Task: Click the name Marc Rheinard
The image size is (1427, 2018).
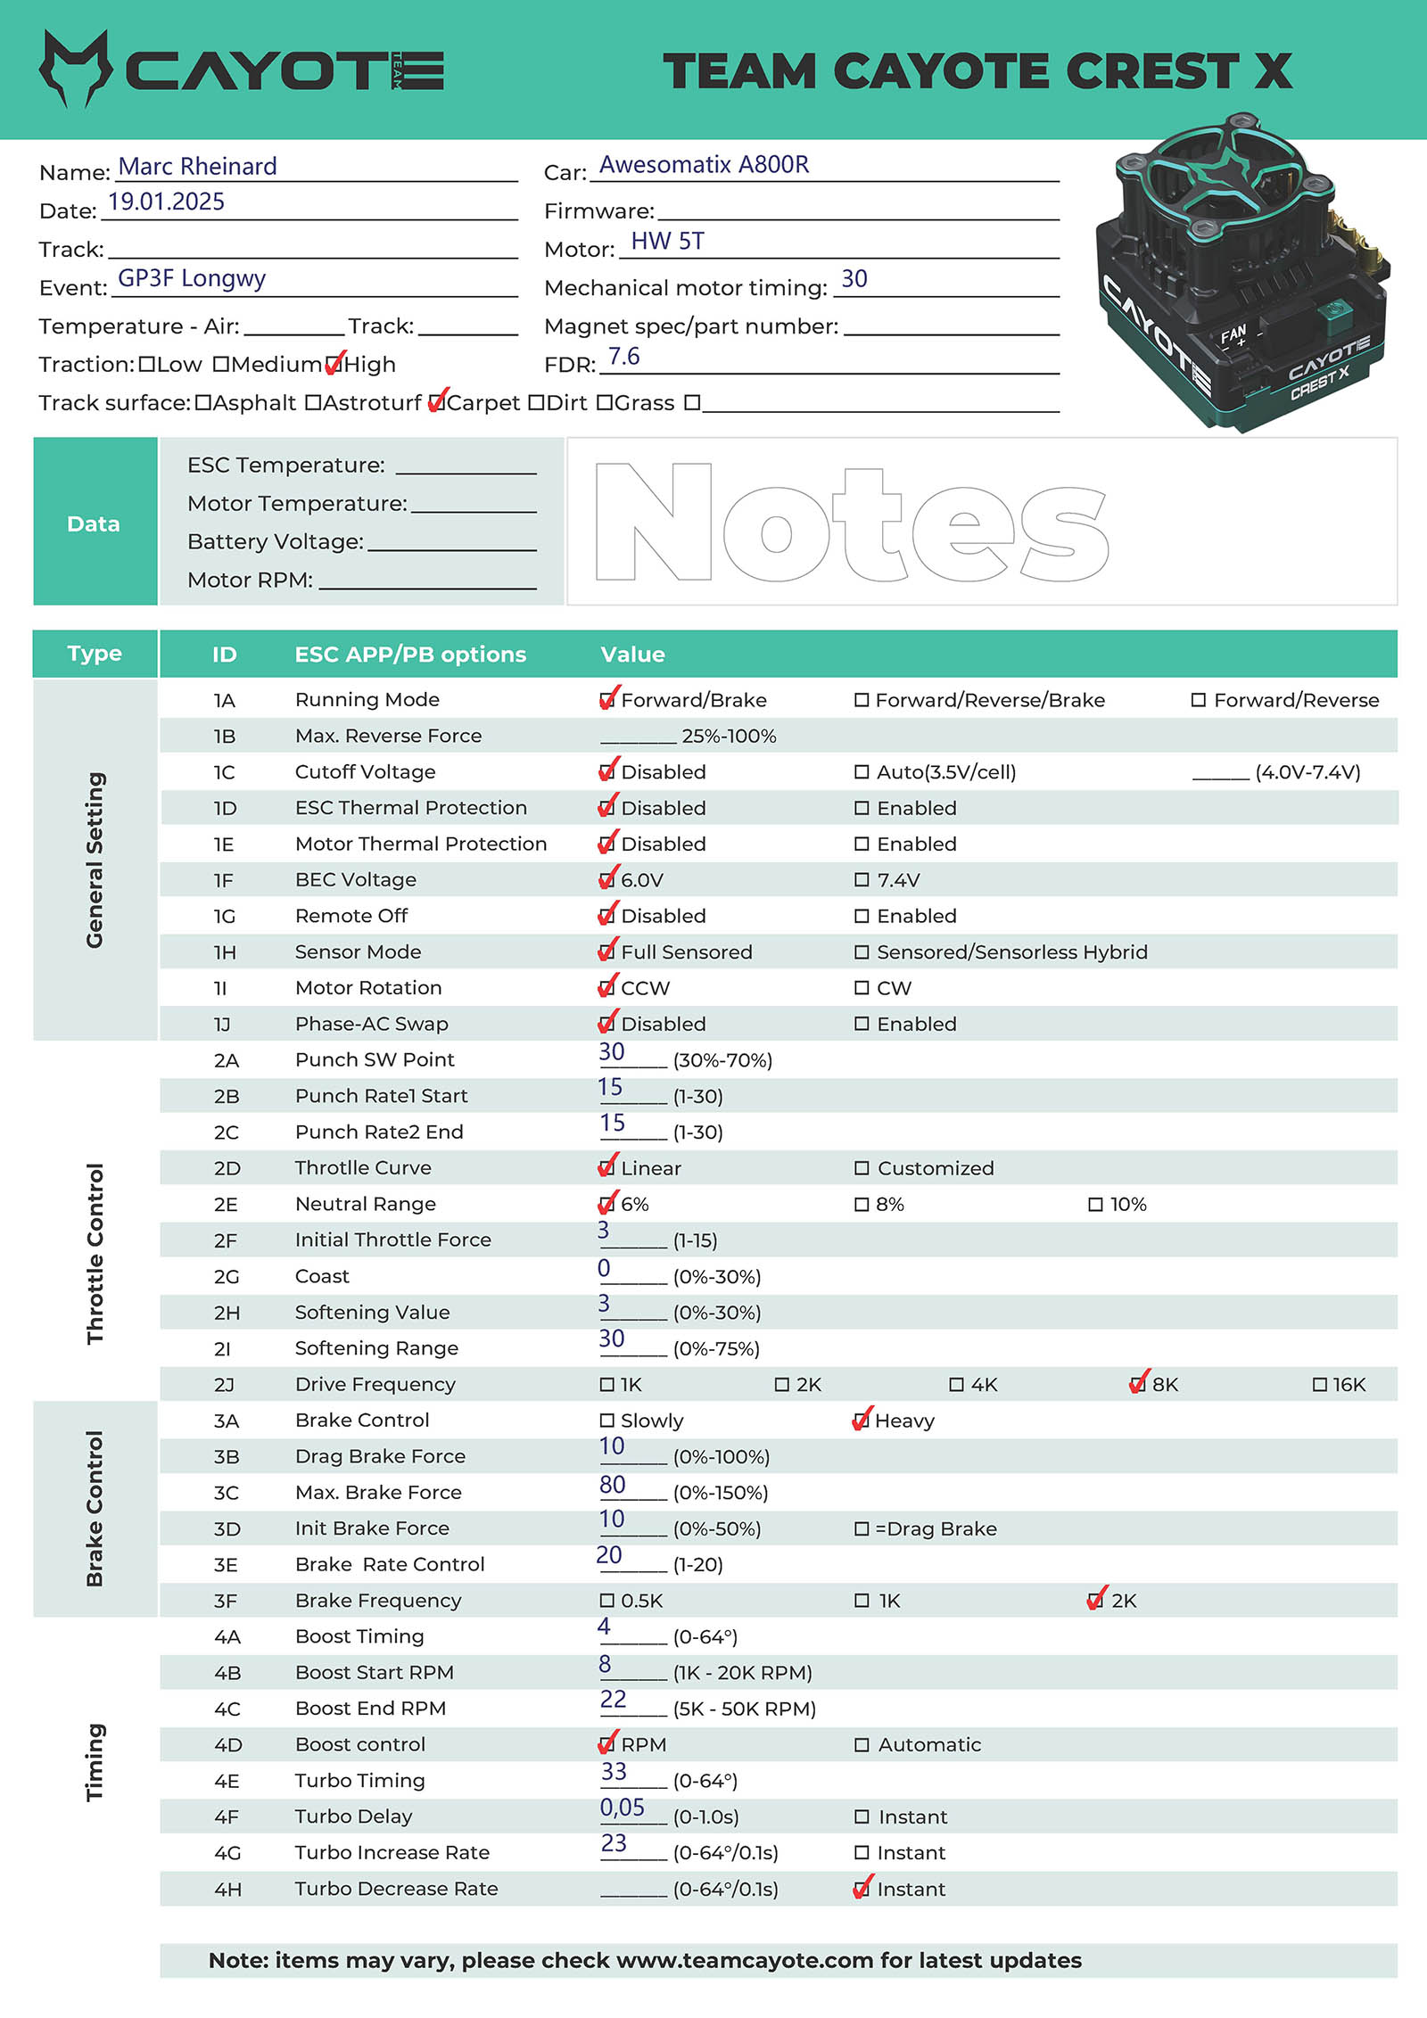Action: (197, 167)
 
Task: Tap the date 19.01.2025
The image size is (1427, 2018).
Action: (166, 202)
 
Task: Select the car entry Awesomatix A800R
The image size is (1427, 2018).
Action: (704, 165)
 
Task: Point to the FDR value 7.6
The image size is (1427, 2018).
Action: (623, 358)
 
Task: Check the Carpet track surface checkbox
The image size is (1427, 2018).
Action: (435, 403)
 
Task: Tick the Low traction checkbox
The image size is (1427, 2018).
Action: (147, 365)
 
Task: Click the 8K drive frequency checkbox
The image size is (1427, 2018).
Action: (1137, 1385)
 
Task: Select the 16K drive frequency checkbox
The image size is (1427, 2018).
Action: (1320, 1385)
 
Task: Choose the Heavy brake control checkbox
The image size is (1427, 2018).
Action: (861, 1421)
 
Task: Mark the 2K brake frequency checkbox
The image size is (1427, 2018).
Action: (1095, 1601)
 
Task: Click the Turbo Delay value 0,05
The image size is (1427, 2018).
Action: (622, 1808)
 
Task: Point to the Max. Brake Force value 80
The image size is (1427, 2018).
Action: (612, 1485)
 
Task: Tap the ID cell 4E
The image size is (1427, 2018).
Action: (227, 1781)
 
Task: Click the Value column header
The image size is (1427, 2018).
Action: (632, 655)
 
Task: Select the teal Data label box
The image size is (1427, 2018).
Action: (95, 523)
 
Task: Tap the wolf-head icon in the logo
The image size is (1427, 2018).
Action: (75, 69)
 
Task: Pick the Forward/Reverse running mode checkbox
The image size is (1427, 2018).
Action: (1199, 700)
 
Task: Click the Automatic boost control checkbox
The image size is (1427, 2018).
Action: (862, 1745)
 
